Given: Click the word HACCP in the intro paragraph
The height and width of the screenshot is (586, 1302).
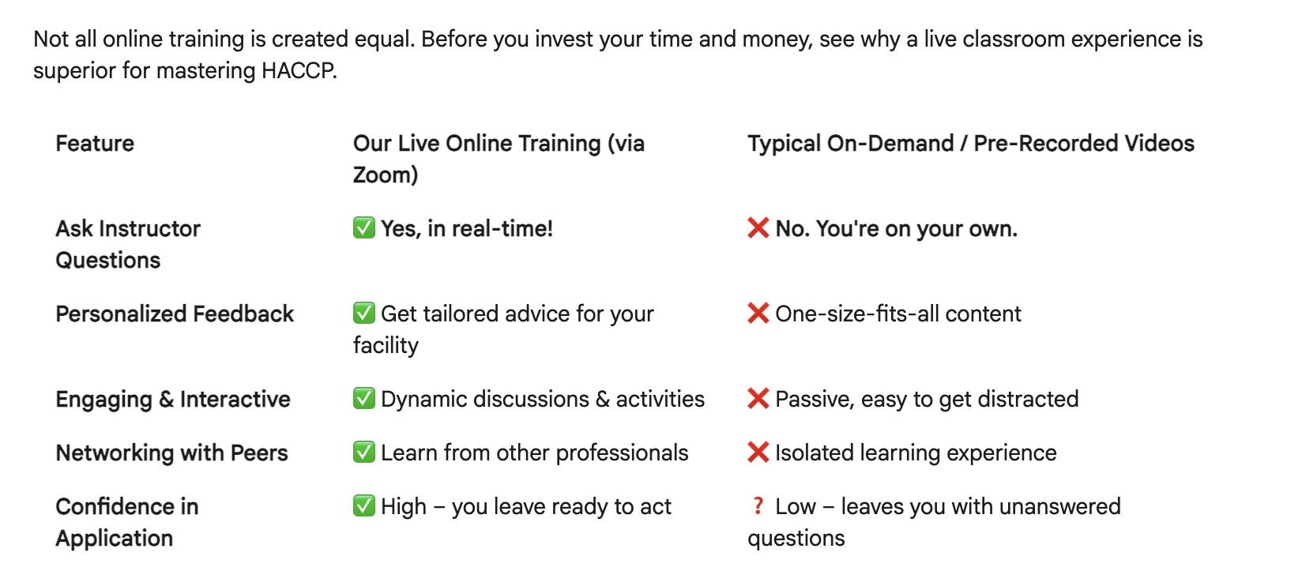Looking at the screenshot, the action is click(x=299, y=71).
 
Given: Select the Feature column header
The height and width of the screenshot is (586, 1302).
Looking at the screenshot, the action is click(x=95, y=144).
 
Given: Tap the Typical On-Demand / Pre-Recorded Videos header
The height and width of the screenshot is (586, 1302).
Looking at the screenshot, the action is click(x=971, y=144).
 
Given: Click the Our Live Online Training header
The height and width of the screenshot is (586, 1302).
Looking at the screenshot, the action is click(x=499, y=159).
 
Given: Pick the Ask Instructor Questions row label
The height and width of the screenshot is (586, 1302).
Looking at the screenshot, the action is click(x=128, y=245).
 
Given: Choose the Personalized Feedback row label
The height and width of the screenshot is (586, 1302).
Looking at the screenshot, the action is click(x=175, y=314).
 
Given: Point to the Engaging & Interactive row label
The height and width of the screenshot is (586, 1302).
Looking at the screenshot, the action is click(x=173, y=400).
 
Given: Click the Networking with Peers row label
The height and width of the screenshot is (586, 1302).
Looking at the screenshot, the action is click(x=171, y=453).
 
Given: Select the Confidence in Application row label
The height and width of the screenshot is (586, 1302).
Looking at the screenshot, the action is click(x=126, y=523).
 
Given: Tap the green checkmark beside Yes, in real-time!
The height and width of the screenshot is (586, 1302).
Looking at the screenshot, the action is click(x=364, y=227).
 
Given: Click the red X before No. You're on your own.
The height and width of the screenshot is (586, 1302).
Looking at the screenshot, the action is click(x=758, y=227).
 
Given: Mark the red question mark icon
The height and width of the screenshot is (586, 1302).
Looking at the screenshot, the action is click(x=758, y=506).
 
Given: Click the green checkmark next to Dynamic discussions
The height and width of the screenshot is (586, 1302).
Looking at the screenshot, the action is click(x=364, y=398).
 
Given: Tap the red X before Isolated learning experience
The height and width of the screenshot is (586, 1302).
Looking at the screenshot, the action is click(x=758, y=452).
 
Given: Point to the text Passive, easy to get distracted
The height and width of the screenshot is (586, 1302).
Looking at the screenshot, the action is click(x=927, y=400).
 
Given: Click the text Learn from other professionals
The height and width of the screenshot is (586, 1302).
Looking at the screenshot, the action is click(x=535, y=453).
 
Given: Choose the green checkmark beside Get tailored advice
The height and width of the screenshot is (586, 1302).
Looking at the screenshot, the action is click(x=364, y=313).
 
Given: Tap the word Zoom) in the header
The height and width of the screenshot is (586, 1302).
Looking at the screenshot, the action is click(x=386, y=175).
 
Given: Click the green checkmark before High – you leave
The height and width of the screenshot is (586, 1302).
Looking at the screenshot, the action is click(x=364, y=506).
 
